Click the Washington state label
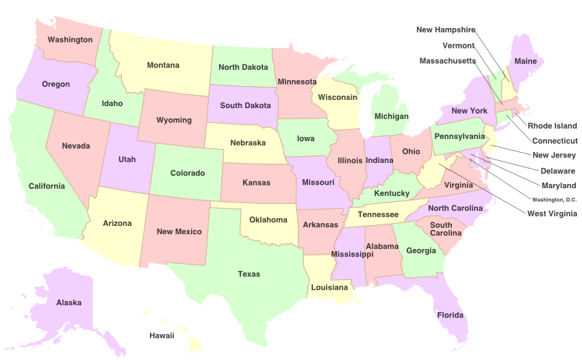coord(70,40)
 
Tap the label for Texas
coord(249,274)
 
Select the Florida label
coord(451,316)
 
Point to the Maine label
coord(526,62)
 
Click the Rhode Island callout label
coord(552,127)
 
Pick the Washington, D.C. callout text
coord(555,199)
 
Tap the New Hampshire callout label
coord(446,30)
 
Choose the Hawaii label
coord(162,335)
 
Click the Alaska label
coord(69,303)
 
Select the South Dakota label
coord(245,106)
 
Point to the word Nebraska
coord(248,143)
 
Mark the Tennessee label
coord(378,215)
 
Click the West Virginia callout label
coord(552,214)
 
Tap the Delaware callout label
coord(557,170)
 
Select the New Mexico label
coord(179,232)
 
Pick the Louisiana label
coord(329,287)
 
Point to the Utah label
coord(127,159)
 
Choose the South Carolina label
coord(441,230)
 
